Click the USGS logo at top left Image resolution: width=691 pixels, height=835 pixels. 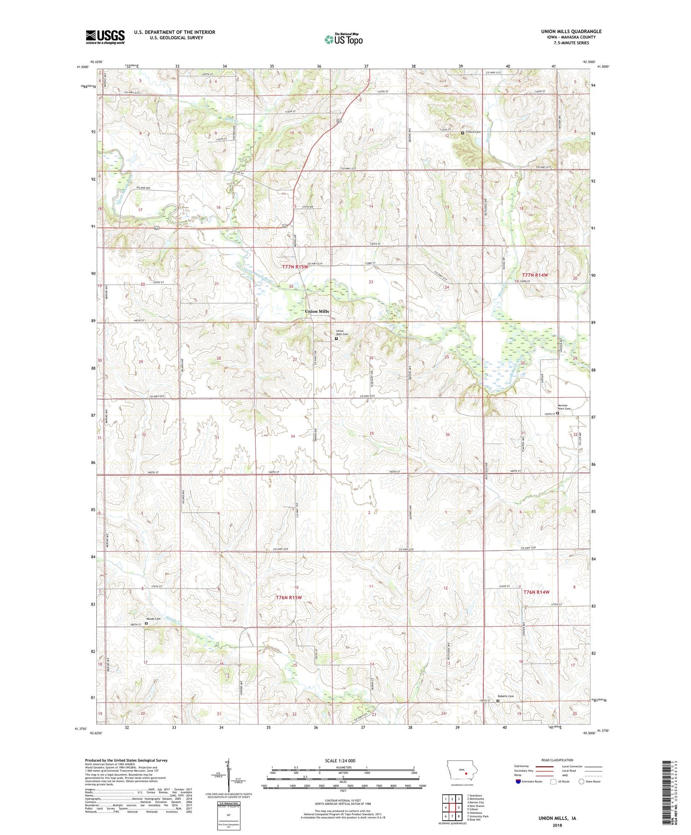coord(105,37)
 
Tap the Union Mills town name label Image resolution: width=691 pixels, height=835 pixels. coord(317,311)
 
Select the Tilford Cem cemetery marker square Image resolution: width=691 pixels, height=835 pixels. coord(463,133)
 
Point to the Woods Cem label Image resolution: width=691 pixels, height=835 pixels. coord(153,619)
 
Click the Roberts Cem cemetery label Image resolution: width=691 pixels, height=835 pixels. coord(505,696)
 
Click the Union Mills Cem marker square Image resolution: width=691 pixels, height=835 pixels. coord(336,339)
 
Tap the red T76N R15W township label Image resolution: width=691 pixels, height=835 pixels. coord(288,597)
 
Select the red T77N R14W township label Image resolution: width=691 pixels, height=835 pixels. coord(535,275)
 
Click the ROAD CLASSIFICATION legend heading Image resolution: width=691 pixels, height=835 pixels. coord(557,760)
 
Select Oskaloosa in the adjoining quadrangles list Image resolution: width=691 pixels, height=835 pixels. coord(475,812)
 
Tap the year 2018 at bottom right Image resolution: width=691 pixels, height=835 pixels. coord(558,825)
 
